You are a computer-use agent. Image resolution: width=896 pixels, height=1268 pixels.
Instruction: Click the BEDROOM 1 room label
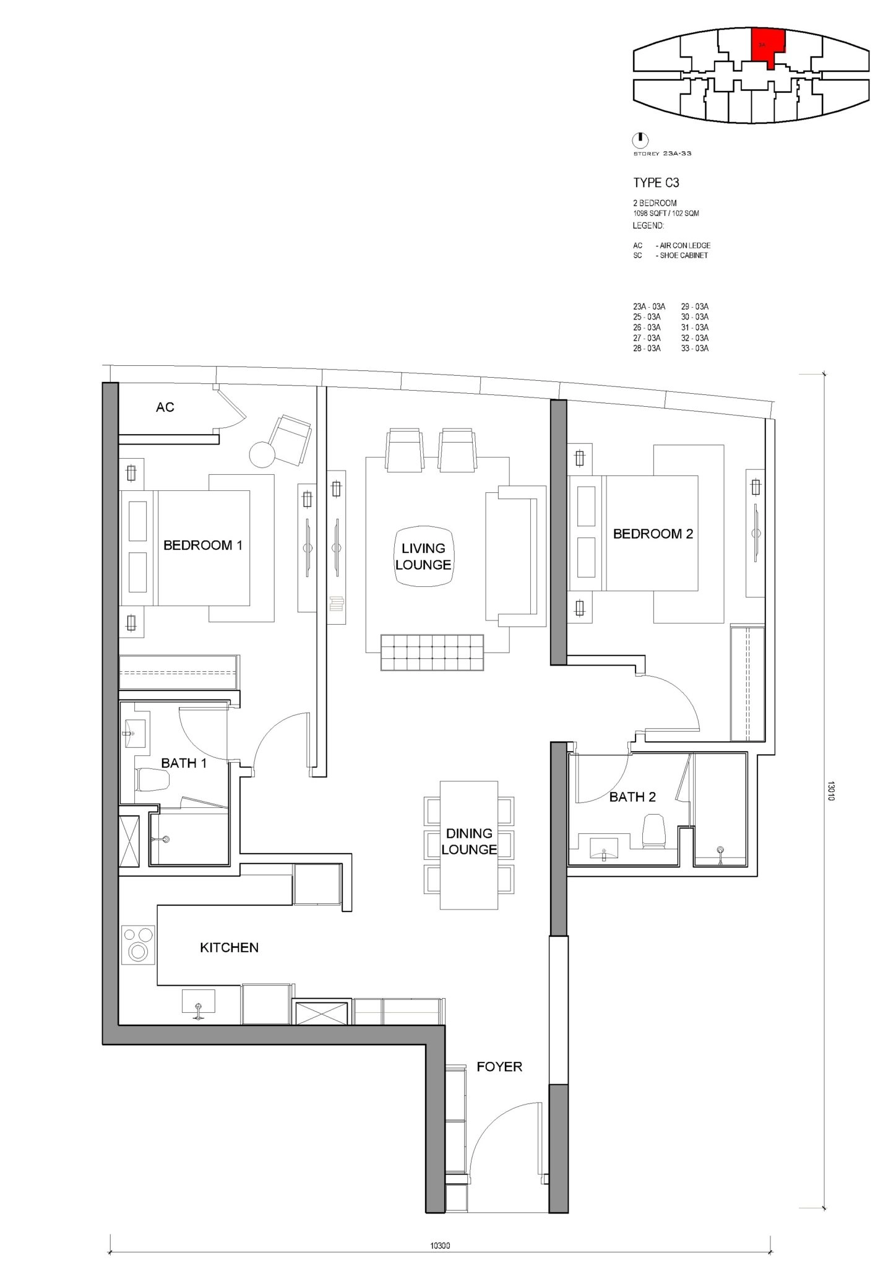(203, 545)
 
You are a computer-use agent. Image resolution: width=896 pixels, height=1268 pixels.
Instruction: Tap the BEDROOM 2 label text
(653, 534)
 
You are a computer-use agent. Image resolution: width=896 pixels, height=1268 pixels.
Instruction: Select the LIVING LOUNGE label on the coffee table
(423, 557)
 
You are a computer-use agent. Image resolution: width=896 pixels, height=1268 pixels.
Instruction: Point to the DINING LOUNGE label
(469, 841)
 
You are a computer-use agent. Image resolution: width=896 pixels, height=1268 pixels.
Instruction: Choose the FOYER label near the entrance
(499, 1067)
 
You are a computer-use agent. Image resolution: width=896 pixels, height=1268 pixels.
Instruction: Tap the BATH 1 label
(184, 763)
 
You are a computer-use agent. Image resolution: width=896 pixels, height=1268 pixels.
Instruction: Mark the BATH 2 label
(632, 797)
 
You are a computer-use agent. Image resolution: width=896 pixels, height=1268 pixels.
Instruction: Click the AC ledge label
(165, 407)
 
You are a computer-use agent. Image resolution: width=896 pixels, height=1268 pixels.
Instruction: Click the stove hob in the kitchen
(139, 945)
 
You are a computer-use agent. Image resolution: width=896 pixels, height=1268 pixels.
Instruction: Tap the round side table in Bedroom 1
(262, 454)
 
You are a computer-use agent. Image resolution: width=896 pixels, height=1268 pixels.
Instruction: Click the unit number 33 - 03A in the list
(695, 349)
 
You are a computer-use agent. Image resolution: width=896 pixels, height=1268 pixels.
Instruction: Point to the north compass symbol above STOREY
(641, 139)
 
